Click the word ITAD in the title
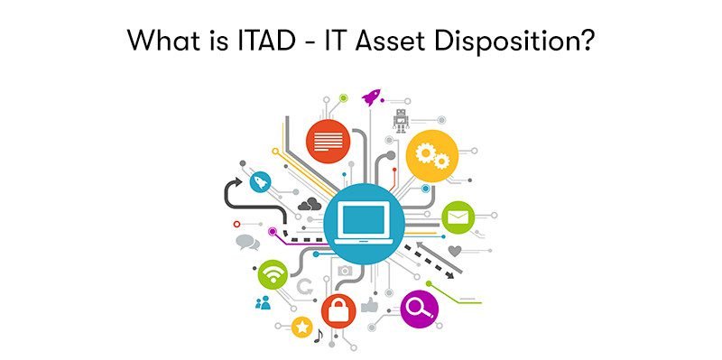tap(267, 41)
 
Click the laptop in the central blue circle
tap(364, 223)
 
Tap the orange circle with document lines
tap(329, 141)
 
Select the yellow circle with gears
tap(432, 155)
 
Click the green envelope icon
tap(458, 217)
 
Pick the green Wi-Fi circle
tap(273, 274)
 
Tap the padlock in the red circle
tap(338, 311)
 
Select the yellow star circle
tap(302, 328)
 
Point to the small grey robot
tap(401, 121)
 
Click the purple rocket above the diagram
tap(371, 97)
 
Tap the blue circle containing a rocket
tap(261, 182)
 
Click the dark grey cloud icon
tap(310, 204)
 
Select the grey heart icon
tap(455, 251)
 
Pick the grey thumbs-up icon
tap(369, 305)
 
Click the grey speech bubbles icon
tap(247, 242)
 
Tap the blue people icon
tap(263, 302)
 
